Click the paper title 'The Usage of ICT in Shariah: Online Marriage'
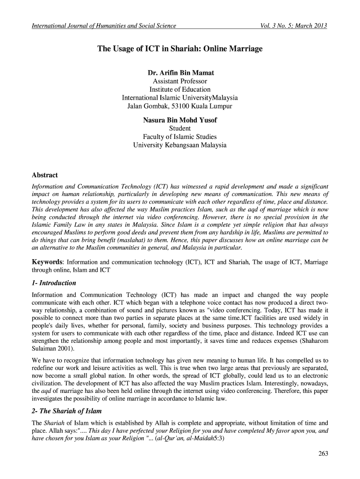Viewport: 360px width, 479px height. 180,49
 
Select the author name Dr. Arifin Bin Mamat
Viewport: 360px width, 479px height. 180,73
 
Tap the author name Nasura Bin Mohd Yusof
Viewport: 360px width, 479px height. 180,120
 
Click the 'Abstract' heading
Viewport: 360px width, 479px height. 44,175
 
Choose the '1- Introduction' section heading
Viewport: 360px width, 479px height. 54,283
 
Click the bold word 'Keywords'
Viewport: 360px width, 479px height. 47,261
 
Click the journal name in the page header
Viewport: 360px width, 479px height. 103,25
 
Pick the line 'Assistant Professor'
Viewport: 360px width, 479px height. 180,81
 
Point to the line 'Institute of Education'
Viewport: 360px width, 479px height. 180,89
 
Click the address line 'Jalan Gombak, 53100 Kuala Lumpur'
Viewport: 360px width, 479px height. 180,107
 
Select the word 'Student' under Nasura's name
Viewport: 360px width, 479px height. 180,128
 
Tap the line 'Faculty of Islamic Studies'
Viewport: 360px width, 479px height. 180,137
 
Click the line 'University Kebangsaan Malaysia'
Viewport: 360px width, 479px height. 180,145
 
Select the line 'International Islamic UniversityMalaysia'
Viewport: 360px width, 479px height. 180,98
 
